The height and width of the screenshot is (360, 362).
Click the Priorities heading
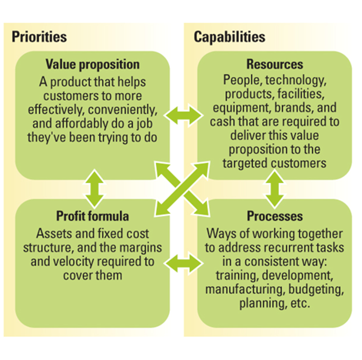[39, 37]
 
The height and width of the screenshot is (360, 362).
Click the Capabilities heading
[230, 38]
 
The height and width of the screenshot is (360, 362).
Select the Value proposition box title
[92, 65]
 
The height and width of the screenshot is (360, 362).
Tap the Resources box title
[274, 64]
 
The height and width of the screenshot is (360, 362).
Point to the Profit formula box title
[92, 216]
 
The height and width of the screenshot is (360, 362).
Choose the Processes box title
[274, 216]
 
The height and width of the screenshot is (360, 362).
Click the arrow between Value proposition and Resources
[184, 115]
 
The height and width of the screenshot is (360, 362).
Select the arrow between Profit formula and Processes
[184, 263]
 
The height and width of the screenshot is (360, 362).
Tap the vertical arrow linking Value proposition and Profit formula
[95, 188]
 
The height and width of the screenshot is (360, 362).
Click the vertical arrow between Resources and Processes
[274, 188]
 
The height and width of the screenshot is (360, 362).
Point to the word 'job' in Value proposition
[144, 124]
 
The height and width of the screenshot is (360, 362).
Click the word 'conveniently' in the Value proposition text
[123, 110]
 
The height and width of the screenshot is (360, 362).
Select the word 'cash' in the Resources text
[222, 122]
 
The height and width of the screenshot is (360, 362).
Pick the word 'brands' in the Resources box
[294, 108]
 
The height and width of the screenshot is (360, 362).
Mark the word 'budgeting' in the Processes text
[316, 290]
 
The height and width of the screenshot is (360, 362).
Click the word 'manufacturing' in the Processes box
[245, 290]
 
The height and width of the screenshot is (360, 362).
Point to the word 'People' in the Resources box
[243, 80]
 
